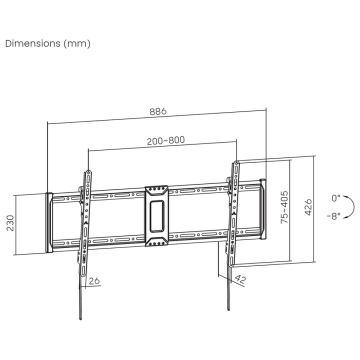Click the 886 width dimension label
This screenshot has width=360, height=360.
(158, 111)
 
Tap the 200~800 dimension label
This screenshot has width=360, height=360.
(166, 140)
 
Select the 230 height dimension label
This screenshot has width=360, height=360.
(10, 223)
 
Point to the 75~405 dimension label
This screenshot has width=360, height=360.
(284, 207)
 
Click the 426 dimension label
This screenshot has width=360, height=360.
(308, 207)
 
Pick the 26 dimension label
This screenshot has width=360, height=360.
(94, 281)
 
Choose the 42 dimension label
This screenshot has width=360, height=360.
(240, 279)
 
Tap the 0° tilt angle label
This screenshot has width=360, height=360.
(336, 198)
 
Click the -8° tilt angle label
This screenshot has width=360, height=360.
(334, 216)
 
